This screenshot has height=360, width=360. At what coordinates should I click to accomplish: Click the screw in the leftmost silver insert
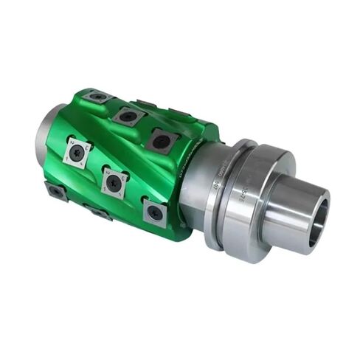pyautogui.click(x=77, y=152)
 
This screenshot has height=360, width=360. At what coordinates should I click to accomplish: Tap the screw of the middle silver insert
pyautogui.click(x=112, y=182)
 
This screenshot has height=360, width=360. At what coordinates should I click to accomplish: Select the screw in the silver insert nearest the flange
pyautogui.click(x=154, y=213)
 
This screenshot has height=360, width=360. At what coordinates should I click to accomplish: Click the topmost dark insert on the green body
pyautogui.click(x=97, y=96)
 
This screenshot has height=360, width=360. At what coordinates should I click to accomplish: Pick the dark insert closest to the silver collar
pyautogui.click(x=160, y=139)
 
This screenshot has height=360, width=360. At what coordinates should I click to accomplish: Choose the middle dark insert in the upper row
pyautogui.click(x=128, y=115)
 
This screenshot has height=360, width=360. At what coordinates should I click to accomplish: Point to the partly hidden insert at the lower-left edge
pyautogui.click(x=56, y=191)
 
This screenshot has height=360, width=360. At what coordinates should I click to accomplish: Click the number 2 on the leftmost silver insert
pyautogui.click(x=68, y=144)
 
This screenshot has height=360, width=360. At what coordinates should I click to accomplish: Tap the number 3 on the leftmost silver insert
pyautogui.click(x=86, y=148)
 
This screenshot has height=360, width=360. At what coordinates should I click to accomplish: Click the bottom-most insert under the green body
pyautogui.click(x=99, y=214)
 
